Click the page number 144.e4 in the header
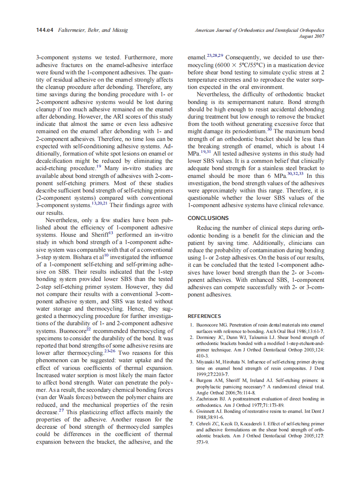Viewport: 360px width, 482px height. coord(44,30)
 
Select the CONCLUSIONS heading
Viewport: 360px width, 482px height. coord(208,218)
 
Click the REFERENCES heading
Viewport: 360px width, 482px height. coord(204,316)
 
